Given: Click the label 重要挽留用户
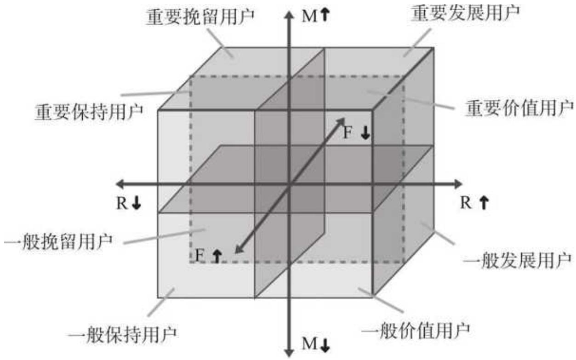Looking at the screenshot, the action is click(x=200, y=17).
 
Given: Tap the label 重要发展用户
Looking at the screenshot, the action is click(x=465, y=13).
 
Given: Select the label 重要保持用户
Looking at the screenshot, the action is click(x=89, y=112).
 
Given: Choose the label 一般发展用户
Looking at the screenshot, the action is click(x=517, y=261).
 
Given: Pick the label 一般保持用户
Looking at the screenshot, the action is click(x=122, y=335).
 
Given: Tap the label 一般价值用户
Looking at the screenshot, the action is click(x=416, y=331).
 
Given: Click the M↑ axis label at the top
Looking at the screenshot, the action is click(x=316, y=16).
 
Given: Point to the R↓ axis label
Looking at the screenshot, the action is click(x=129, y=203).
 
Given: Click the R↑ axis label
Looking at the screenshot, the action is click(x=474, y=203).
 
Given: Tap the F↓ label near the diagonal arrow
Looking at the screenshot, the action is click(x=357, y=133).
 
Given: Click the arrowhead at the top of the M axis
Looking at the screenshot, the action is click(x=289, y=14).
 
